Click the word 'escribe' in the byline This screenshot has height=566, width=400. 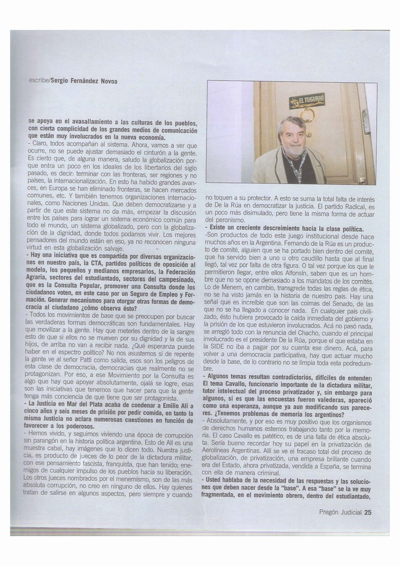click(38, 81)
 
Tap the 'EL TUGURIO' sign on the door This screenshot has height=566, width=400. click(307, 101)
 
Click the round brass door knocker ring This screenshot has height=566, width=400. click(308, 116)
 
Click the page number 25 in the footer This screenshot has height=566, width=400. click(367, 512)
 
